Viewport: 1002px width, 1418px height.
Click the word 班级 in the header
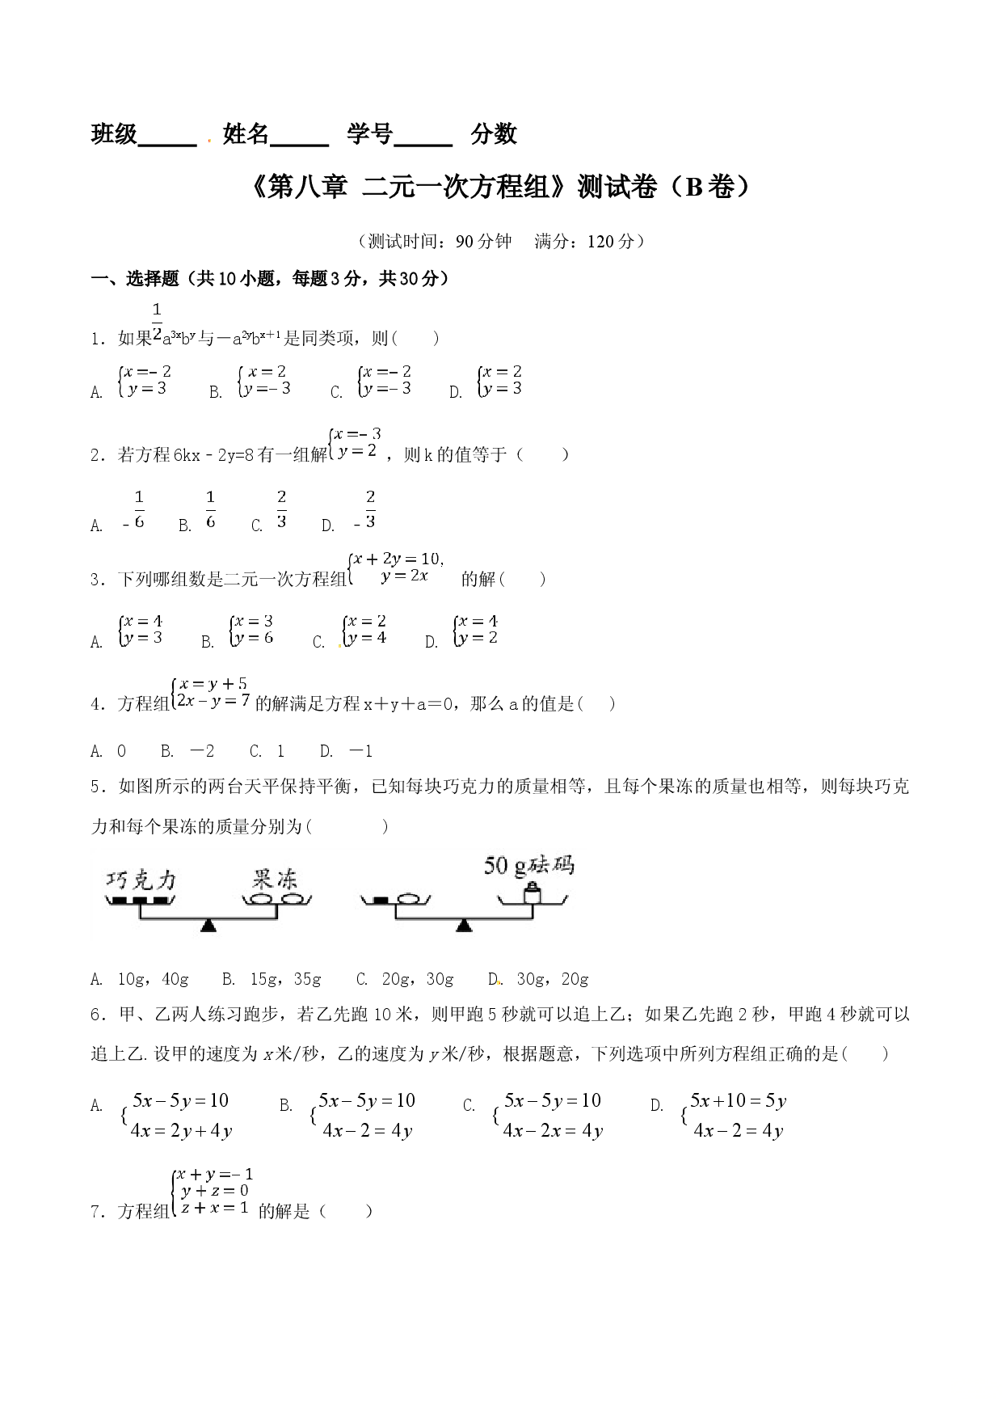[115, 134]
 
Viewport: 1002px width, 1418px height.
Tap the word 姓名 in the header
[246, 134]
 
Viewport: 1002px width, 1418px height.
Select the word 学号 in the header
[370, 134]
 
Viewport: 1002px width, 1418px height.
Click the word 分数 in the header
[495, 134]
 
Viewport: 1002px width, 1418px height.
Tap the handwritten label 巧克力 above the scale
[141, 880]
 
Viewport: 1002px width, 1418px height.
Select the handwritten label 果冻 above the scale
[275, 880]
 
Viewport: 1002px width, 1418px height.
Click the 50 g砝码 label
[529, 865]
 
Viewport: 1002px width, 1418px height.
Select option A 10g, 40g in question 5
[139, 979]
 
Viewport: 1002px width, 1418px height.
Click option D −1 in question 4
[347, 751]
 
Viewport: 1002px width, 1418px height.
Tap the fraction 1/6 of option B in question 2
[211, 509]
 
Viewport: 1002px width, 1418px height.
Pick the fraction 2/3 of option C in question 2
[281, 509]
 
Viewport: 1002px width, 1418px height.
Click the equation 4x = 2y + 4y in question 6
[182, 1131]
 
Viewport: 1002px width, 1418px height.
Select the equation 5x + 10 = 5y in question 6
[738, 1100]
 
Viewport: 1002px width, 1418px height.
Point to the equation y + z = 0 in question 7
[215, 1191]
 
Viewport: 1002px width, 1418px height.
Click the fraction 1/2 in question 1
[157, 320]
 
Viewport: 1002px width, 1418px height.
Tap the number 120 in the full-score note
[602, 241]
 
